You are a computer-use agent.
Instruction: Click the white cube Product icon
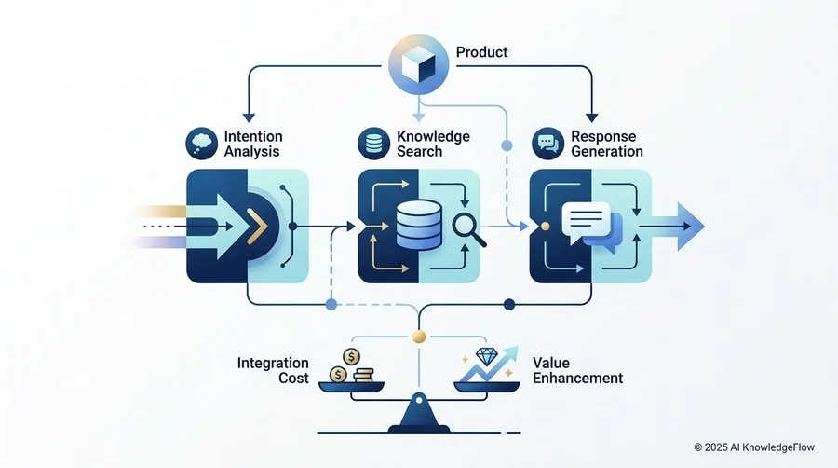pos(418,64)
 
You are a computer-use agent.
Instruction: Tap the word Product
pos(481,52)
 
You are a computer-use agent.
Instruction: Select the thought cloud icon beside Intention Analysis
pos(201,143)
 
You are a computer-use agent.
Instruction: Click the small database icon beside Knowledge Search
pos(373,143)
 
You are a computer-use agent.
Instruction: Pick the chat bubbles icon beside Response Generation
pos(547,143)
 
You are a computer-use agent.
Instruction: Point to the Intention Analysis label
pos(252,144)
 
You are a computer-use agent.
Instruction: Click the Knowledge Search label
pos(433,144)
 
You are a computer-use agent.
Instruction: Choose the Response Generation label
pos(606,144)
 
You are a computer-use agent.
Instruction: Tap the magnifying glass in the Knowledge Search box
pos(468,229)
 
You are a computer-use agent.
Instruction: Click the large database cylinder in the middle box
pos(419,225)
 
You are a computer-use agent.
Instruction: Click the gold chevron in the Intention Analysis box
pos(257,227)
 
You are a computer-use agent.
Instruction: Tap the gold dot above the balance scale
pos(419,337)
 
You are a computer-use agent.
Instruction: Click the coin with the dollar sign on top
pos(351,356)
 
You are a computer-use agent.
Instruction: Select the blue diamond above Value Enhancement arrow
pos(486,356)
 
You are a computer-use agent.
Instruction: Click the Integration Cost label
pos(273,370)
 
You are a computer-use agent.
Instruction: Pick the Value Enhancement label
pos(577,370)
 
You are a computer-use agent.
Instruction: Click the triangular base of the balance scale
pos(419,413)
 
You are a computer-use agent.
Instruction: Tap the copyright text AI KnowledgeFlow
pos(754,447)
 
